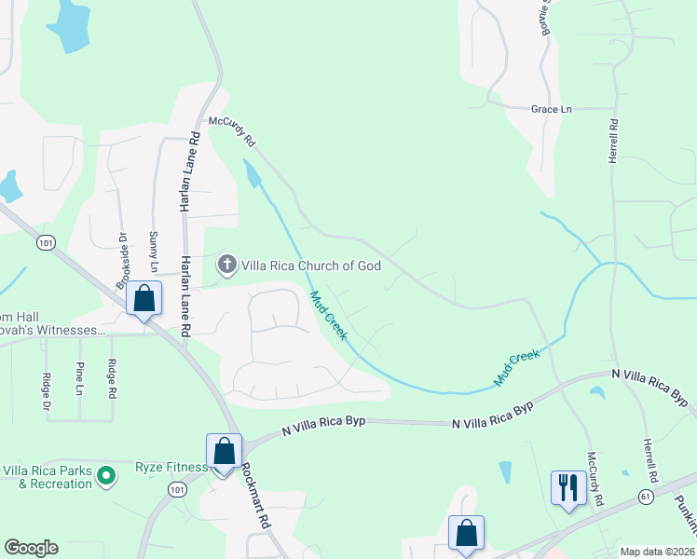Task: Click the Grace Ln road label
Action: point(551,109)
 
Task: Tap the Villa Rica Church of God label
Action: point(311,266)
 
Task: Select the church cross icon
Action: point(226,266)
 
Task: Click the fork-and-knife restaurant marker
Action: point(567,487)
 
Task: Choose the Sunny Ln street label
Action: point(154,252)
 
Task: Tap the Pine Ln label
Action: point(80,377)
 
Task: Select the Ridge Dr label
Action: point(46,391)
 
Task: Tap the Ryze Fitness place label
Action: point(171,467)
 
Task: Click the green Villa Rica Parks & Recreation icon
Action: point(106,476)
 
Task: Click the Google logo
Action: point(31,548)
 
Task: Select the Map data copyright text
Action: point(656,552)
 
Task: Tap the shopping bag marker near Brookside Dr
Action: point(144,299)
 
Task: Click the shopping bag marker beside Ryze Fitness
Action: point(224,452)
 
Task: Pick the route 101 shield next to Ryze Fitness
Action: point(178,488)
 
